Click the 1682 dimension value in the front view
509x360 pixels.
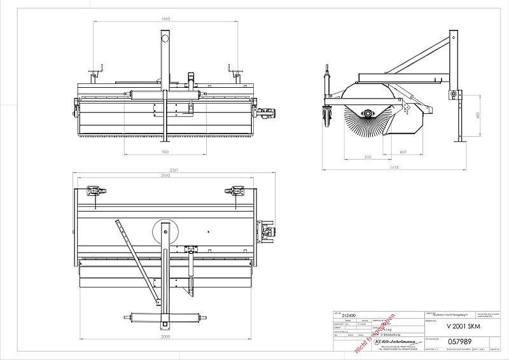point(166,19)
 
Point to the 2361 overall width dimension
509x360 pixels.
point(167,170)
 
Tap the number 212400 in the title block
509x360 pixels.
point(349,315)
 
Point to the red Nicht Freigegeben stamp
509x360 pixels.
point(373,332)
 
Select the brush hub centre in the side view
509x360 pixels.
point(368,113)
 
